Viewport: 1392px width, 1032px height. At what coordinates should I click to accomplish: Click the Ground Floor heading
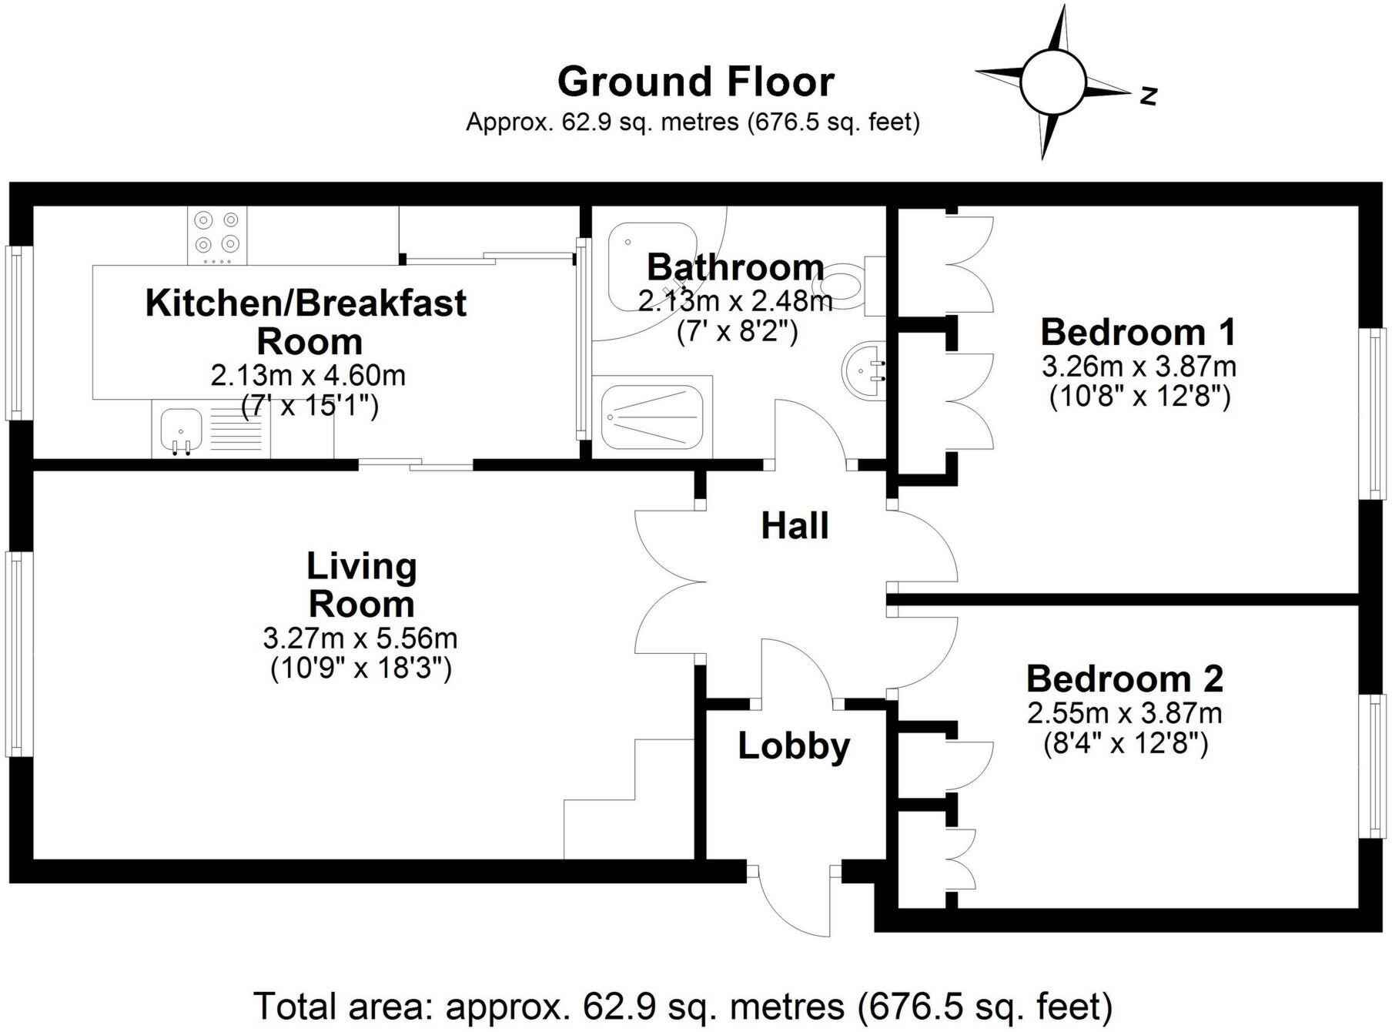pos(696,82)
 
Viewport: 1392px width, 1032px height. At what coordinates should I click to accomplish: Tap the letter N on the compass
pos(1149,95)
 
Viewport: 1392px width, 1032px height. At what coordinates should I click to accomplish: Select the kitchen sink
pos(181,432)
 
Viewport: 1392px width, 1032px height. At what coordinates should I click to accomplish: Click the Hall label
pos(795,526)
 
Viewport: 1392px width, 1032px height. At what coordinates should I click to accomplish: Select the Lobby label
pos(794,746)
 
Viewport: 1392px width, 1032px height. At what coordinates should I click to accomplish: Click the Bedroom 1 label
pos(1138,332)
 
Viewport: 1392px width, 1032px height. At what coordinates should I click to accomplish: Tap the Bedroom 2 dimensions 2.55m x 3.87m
pos(1125,713)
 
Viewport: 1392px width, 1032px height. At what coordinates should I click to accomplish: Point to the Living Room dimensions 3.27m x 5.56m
pos(360,638)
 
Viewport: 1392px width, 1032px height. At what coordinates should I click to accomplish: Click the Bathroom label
pos(735,266)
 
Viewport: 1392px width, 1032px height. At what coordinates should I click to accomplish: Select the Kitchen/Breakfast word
pos(306,303)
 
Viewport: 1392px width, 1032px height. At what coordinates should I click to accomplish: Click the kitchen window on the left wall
pos(16,332)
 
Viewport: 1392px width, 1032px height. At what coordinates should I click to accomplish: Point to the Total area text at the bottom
pos(684,1006)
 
